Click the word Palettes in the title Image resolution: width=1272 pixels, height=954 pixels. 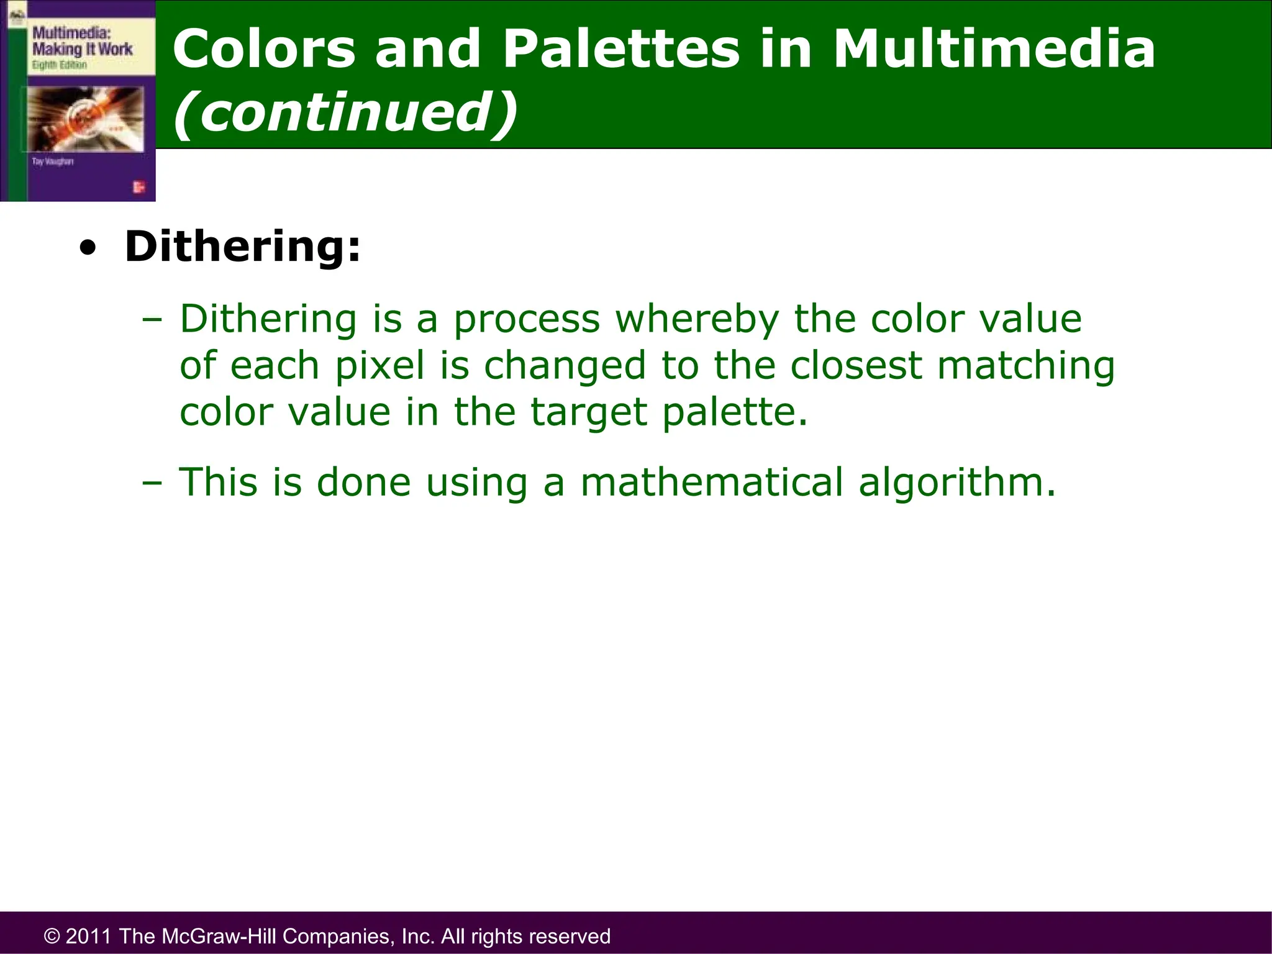(x=620, y=49)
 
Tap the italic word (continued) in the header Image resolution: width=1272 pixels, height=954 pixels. (x=345, y=112)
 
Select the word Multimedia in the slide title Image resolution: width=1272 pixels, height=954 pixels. (x=994, y=49)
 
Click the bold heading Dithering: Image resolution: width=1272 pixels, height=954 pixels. (x=242, y=247)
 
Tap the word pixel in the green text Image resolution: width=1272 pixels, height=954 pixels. (x=379, y=366)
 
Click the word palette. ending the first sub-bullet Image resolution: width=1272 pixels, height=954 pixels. (x=735, y=412)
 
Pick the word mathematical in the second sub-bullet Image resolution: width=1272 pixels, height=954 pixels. (x=712, y=483)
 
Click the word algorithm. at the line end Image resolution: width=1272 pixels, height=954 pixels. (x=956, y=483)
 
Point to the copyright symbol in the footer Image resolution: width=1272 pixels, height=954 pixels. (x=52, y=936)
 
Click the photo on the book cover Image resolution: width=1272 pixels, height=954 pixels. (x=85, y=118)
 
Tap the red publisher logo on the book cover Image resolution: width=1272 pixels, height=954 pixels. (x=139, y=187)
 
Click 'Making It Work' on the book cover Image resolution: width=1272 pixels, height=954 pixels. (x=82, y=50)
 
